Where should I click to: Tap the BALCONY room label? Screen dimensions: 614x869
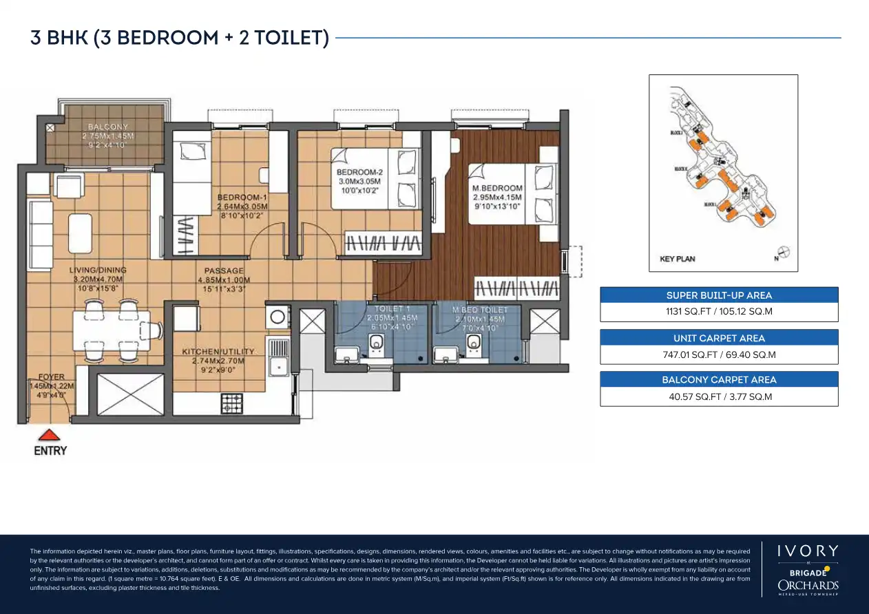(108, 127)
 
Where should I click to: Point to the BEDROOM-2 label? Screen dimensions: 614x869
(359, 171)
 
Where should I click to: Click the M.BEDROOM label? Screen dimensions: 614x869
(497, 188)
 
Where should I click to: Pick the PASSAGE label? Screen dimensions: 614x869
(224, 271)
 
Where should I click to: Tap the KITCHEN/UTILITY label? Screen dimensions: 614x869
(218, 352)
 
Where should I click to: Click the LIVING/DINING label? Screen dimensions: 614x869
(98, 271)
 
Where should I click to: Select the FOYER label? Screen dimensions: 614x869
(52, 377)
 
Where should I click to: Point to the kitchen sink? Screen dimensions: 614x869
(278, 365)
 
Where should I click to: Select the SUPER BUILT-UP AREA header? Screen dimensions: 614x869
(719, 295)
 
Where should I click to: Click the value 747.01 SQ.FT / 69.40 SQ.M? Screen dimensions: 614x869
(719, 354)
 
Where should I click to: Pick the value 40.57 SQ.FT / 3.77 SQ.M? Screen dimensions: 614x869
(719, 396)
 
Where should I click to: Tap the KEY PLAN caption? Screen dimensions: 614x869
(677, 259)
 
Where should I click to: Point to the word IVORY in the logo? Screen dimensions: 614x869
(808, 551)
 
